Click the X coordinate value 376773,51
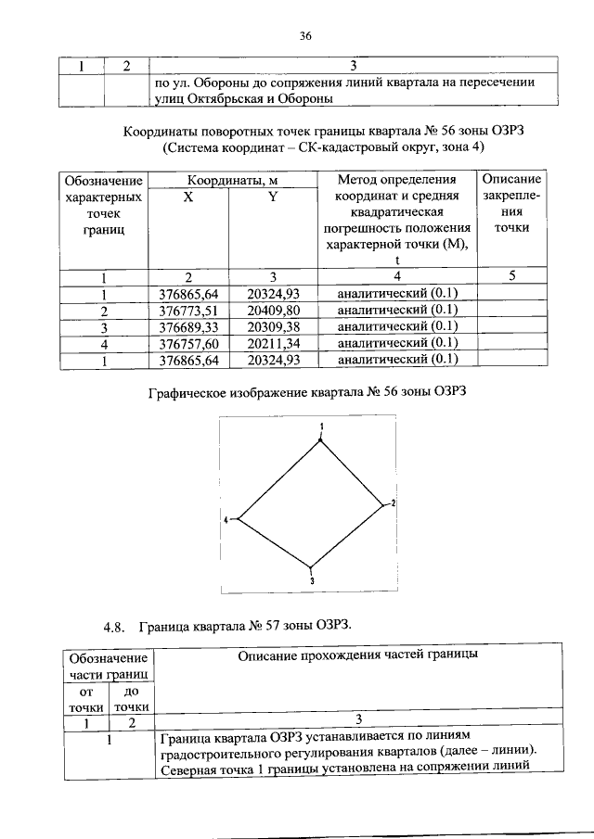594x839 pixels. click(x=188, y=311)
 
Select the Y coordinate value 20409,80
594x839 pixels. click(x=274, y=311)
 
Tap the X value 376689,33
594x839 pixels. click(x=188, y=326)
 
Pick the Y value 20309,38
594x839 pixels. click(x=274, y=326)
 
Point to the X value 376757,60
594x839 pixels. click(x=188, y=343)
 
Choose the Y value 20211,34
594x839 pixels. click(x=274, y=343)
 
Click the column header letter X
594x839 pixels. click(x=188, y=197)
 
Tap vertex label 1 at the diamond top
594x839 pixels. click(x=320, y=426)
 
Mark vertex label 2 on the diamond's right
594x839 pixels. click(x=393, y=502)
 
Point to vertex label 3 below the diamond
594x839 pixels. click(x=312, y=580)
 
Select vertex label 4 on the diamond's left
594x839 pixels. click(x=226, y=521)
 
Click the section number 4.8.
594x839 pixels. click(x=114, y=627)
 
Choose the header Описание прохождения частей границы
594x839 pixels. click(x=357, y=655)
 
